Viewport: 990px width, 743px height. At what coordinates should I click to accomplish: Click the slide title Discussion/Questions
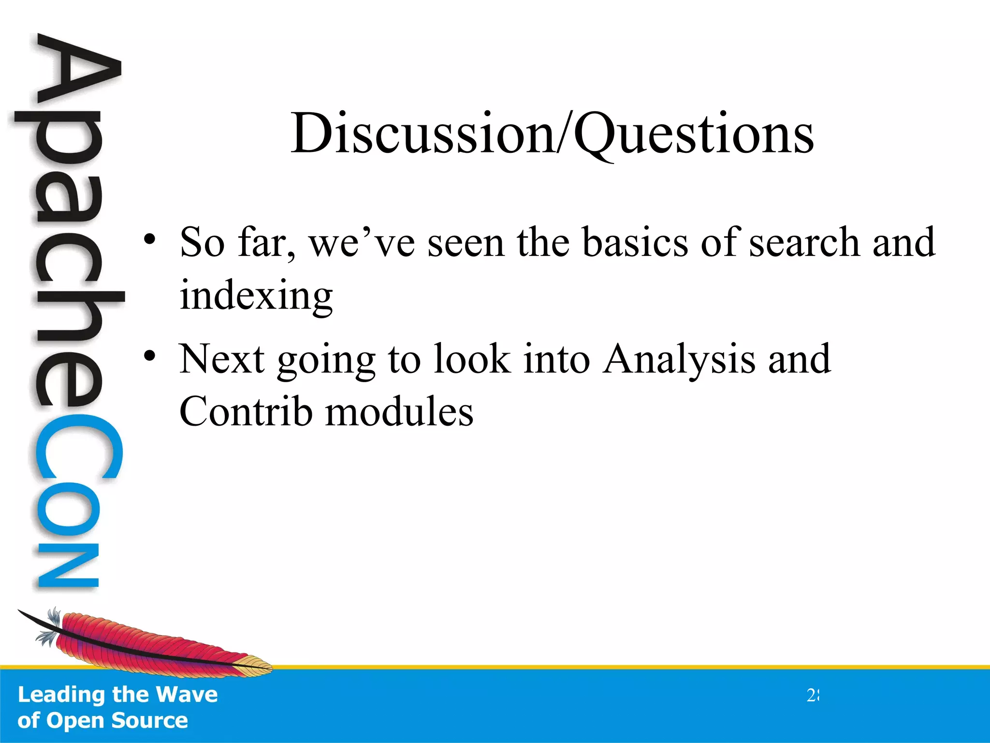pos(552,133)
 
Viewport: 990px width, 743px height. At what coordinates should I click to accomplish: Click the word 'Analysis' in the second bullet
pos(679,360)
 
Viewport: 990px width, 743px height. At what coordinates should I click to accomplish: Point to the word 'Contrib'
pos(246,412)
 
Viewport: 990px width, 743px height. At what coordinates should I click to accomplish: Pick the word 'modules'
pos(399,412)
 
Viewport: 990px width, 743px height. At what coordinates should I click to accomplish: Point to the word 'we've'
pos(362,243)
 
